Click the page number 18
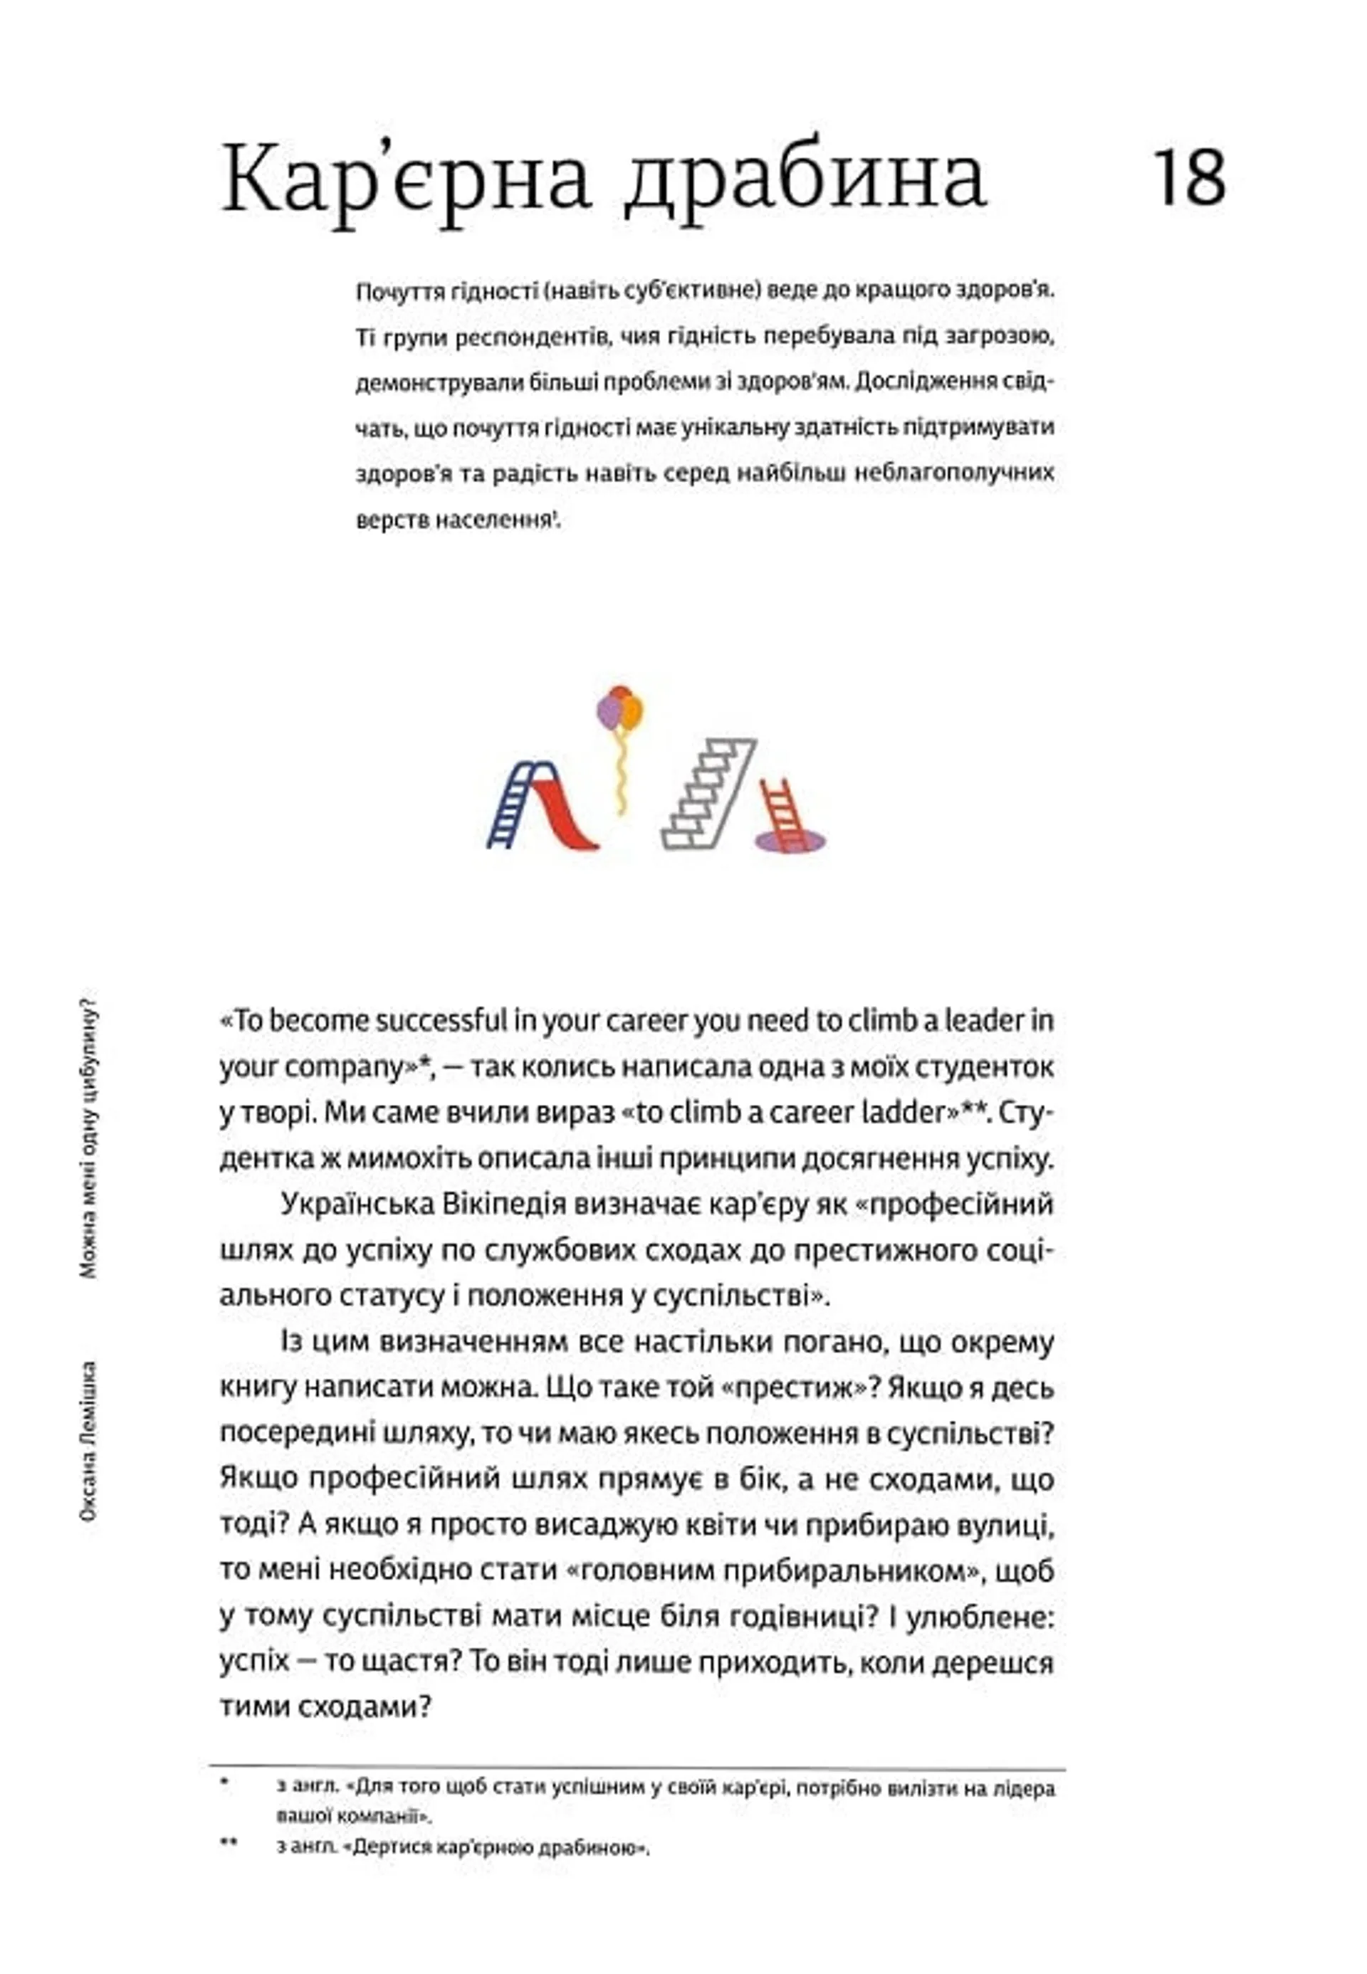1190,177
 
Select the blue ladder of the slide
512,805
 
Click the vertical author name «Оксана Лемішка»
88,1442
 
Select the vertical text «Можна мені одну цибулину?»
88,1138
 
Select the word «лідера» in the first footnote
1026,1789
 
